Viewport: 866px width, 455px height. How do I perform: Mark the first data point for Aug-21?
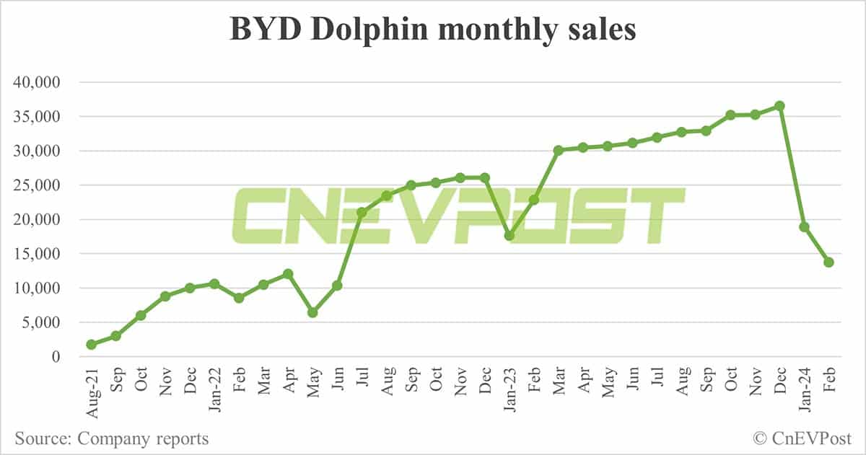tap(91, 345)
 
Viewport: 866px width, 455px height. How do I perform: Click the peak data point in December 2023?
tap(779, 106)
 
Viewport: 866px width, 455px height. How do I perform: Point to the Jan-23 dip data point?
tap(509, 236)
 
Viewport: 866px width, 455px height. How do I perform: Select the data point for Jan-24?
tap(804, 227)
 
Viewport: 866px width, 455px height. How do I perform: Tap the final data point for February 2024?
tap(829, 262)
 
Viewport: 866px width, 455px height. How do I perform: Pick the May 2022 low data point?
tap(312, 312)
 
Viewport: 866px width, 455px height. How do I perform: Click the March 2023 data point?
tap(558, 150)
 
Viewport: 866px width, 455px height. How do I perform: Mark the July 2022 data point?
tap(362, 212)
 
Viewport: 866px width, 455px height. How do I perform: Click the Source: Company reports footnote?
tap(110, 438)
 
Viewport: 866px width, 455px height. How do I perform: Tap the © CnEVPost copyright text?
tap(802, 438)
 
